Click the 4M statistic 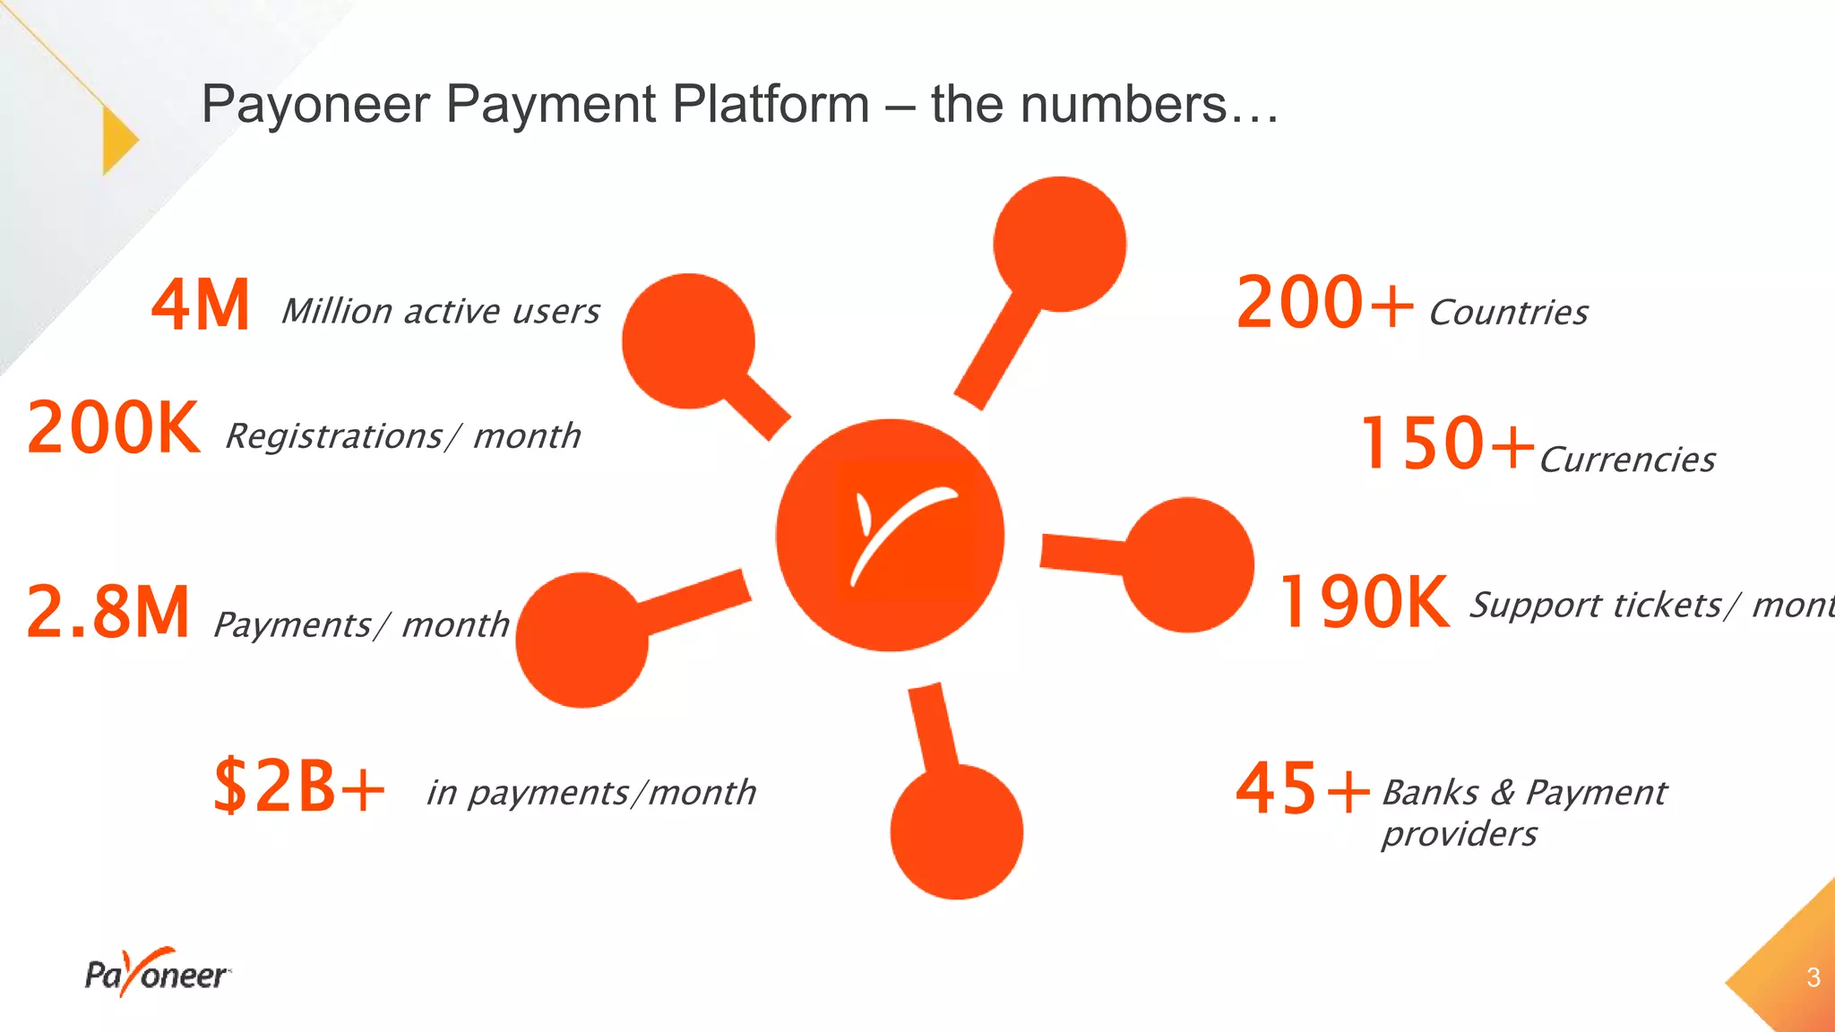pos(200,305)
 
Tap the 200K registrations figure pos(114,428)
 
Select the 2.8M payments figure pos(108,612)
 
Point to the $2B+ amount pos(299,786)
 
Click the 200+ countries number pos(1324,304)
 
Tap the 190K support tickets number pos(1364,602)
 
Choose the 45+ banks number pos(1303,789)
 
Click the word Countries pos(1509,313)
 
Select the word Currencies pos(1627,460)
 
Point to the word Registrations pos(334,437)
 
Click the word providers pos(1459,834)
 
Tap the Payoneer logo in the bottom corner pos(157,973)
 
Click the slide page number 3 pos(1813,977)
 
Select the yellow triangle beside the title pos(119,141)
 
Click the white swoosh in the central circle pos(900,532)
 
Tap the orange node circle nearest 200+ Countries pos(1060,244)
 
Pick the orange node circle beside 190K pos(1189,564)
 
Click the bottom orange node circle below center pos(957,831)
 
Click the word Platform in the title pos(771,104)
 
